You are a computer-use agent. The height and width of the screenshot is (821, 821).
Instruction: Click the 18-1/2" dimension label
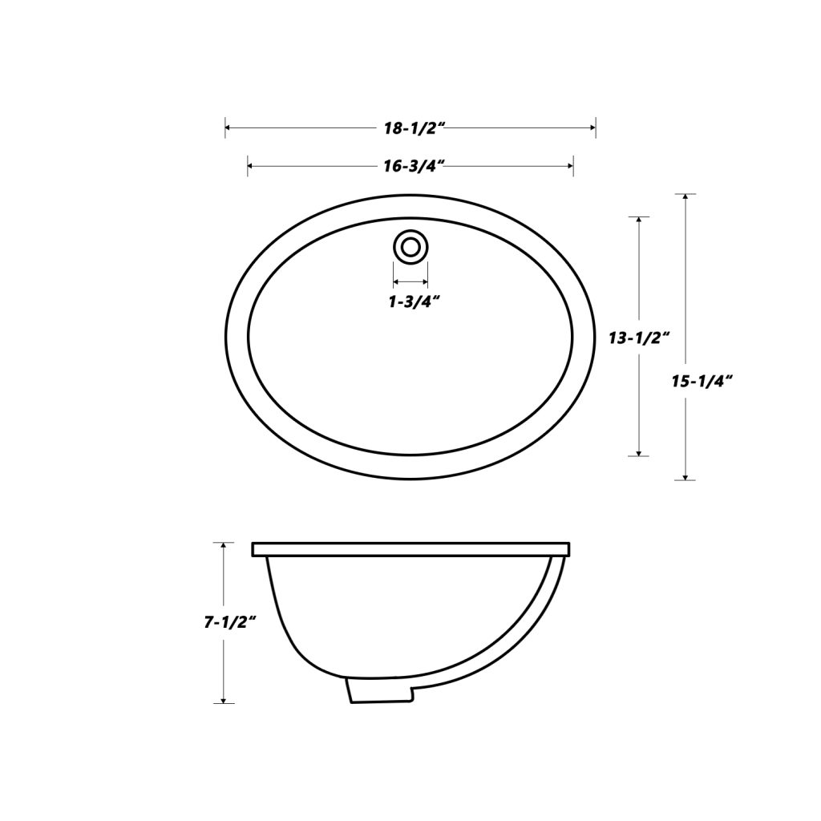click(x=410, y=127)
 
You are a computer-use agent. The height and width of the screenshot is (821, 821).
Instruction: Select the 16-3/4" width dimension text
click(x=410, y=166)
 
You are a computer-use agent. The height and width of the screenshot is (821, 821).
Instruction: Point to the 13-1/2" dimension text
click(x=638, y=338)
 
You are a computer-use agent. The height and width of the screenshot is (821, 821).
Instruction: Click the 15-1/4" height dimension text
click(x=702, y=382)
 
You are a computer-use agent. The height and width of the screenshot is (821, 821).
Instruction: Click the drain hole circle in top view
click(x=410, y=246)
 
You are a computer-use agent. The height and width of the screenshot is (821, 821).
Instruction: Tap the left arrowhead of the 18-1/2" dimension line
click(x=229, y=127)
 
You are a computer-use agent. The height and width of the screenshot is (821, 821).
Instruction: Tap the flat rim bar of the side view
click(x=410, y=549)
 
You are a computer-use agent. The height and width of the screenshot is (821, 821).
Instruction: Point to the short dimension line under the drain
click(x=410, y=282)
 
